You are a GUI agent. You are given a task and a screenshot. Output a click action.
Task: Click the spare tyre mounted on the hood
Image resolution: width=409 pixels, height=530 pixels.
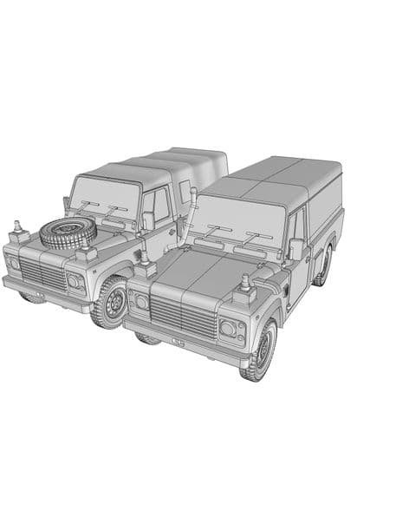[68, 232]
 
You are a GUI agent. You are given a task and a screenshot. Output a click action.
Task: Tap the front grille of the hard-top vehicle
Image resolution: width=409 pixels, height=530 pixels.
[184, 318]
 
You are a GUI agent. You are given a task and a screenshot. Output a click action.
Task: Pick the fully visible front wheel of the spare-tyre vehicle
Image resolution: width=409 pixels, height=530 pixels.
[111, 301]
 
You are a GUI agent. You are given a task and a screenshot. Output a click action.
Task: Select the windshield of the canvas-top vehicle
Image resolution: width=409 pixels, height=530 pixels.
[106, 199]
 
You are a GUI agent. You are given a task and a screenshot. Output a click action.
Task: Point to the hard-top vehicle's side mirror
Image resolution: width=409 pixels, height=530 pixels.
[297, 248]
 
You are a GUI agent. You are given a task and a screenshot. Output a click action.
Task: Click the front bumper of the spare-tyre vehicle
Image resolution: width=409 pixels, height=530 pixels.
[43, 294]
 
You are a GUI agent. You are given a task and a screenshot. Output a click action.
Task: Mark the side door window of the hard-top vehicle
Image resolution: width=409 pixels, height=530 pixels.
[299, 226]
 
